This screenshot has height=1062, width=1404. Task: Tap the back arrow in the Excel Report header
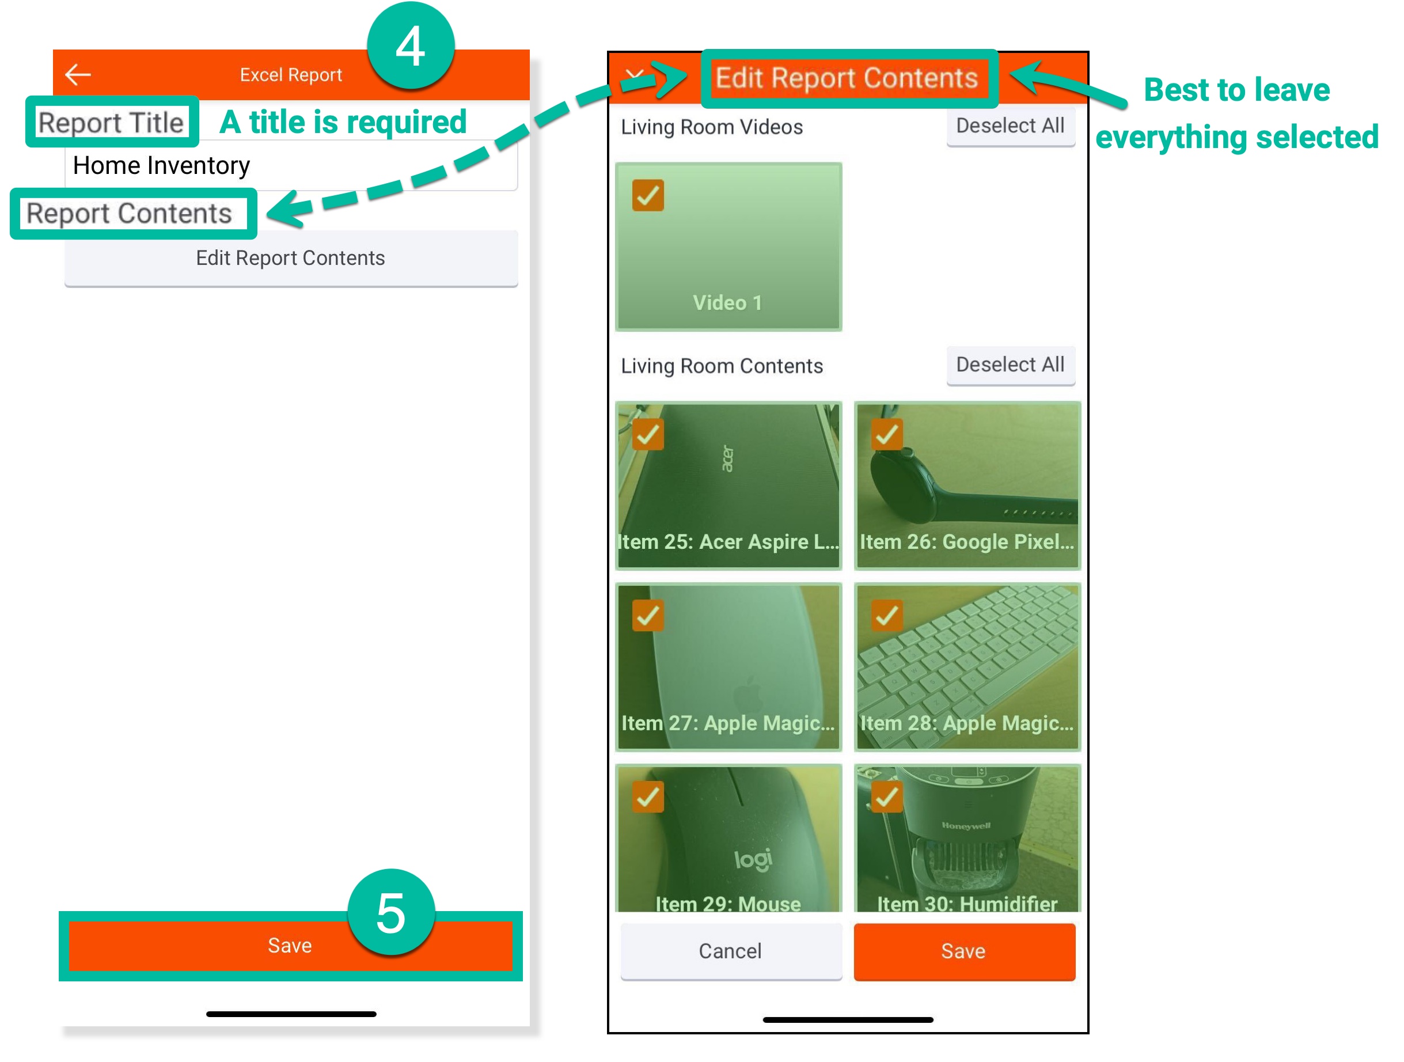click(x=78, y=74)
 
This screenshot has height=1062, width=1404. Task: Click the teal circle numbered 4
click(x=411, y=46)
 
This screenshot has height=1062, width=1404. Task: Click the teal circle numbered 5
click(x=391, y=913)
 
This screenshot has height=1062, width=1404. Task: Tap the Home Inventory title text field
click(x=290, y=166)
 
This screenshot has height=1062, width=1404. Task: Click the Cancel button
click(x=731, y=951)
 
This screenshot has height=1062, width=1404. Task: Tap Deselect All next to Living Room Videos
click(x=1010, y=126)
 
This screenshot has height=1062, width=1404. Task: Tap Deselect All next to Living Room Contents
click(x=1010, y=365)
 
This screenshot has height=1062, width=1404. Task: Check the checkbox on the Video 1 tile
click(x=647, y=195)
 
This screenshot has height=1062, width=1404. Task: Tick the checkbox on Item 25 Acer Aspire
click(x=647, y=434)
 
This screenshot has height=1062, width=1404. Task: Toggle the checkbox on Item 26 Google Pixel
click(x=886, y=434)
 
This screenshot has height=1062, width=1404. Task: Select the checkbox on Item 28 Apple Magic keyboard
click(x=886, y=615)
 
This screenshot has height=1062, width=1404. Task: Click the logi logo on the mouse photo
click(x=753, y=859)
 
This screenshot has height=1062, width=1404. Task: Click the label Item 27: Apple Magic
click(x=727, y=723)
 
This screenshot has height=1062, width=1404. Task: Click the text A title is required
click(x=343, y=122)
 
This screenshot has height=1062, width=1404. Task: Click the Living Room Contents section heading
click(x=722, y=366)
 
